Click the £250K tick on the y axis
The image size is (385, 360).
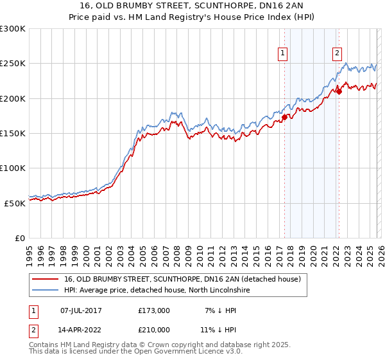pyautogui.click(x=13, y=64)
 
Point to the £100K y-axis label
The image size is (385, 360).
pyautogui.click(x=13, y=168)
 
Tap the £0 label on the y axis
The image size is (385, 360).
pyautogui.click(x=19, y=238)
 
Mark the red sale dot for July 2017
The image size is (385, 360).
pyautogui.click(x=284, y=118)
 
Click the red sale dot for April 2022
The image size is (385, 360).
pyautogui.click(x=339, y=92)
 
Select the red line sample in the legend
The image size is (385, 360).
pyautogui.click(x=45, y=279)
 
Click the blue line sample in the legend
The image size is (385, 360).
pyautogui.click(x=45, y=290)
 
